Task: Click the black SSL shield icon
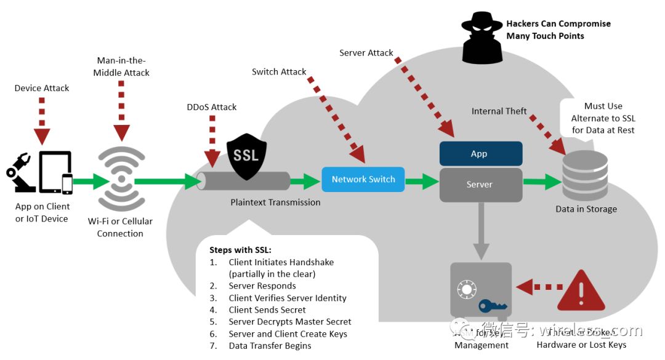(246, 156)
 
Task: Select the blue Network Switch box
(363, 179)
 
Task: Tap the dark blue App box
(480, 154)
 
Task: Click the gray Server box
(480, 184)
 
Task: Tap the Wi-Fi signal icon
(121, 179)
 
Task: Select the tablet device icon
(55, 172)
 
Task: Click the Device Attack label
(42, 88)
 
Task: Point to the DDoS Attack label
(212, 107)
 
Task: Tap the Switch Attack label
(279, 71)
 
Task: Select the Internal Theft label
(499, 111)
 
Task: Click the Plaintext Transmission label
(275, 202)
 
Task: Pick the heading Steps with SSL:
(240, 250)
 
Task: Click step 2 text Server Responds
(262, 286)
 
